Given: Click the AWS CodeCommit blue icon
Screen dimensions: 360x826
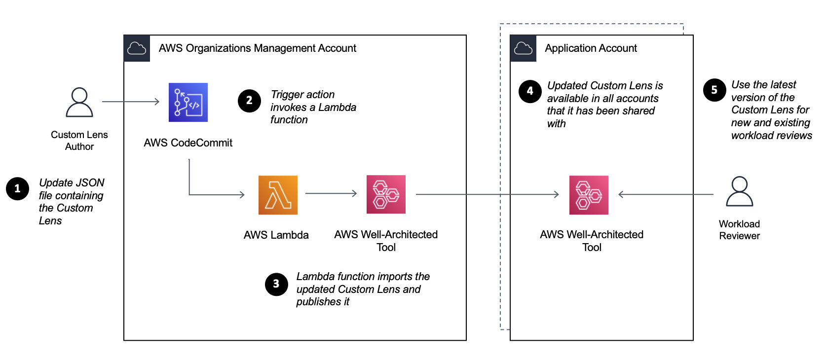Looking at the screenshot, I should click(188, 102).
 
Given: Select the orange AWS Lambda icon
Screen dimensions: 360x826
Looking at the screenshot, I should click(278, 195).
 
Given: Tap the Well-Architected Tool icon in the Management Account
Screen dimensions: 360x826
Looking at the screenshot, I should click(386, 194).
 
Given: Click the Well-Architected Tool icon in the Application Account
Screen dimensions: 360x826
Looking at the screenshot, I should click(589, 195).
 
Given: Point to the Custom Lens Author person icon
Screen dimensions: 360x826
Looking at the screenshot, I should click(79, 102).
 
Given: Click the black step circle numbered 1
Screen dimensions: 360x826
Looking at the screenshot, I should click(17, 189).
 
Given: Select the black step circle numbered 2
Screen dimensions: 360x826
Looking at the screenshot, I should click(249, 101).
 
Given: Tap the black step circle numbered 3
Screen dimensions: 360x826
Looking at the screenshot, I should click(276, 284).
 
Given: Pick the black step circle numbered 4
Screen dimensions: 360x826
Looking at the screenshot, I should click(530, 91).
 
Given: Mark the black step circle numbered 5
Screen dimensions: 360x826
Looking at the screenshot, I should click(714, 90).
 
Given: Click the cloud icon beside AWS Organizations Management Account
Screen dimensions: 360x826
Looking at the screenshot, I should click(137, 48).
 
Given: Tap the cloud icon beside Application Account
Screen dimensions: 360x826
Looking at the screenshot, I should click(523, 48).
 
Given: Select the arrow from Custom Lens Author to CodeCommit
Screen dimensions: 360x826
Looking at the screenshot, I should click(131, 102).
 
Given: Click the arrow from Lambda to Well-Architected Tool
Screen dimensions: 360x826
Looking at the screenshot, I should click(331, 193).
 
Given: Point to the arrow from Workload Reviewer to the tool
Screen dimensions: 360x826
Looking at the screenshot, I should click(666, 194).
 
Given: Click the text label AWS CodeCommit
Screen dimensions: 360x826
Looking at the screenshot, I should click(188, 143).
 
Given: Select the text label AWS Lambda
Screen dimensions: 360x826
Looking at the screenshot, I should click(276, 235).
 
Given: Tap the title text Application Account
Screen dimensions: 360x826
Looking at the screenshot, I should click(591, 48).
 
